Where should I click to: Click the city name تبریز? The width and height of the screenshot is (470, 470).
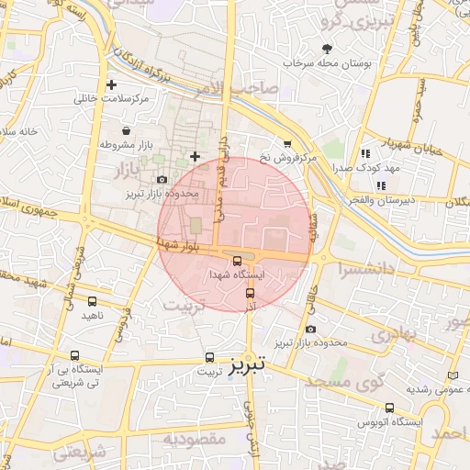[247, 364]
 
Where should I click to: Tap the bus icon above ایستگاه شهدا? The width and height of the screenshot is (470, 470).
[238, 260]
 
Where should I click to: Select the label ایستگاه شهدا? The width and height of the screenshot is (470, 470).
[237, 274]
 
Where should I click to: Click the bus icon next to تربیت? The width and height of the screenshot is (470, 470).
[210, 358]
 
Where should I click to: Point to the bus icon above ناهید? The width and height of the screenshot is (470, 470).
[93, 300]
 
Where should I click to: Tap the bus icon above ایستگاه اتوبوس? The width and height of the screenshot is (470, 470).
[390, 408]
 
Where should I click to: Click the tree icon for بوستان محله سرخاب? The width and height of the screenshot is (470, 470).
[328, 48]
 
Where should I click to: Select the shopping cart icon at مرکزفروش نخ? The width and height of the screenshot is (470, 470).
[287, 143]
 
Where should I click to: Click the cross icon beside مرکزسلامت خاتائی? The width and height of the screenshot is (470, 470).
[111, 84]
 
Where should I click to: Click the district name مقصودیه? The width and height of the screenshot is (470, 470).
[194, 439]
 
